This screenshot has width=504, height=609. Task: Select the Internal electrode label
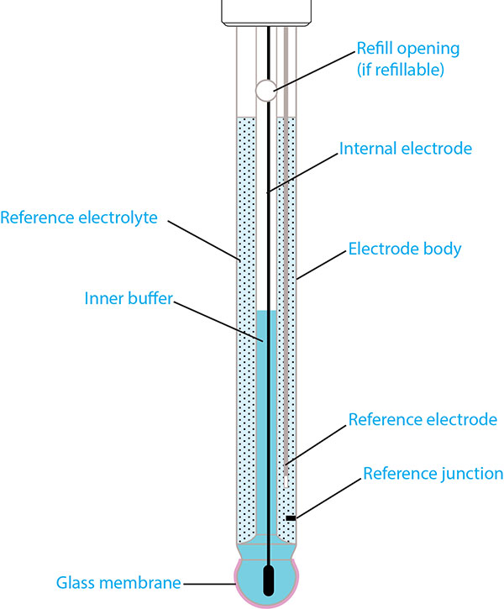(406, 149)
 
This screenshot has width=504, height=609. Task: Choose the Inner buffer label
(128, 298)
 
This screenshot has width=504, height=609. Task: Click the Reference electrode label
(423, 419)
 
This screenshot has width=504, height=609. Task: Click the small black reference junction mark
(291, 518)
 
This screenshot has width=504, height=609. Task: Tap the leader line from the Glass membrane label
(210, 582)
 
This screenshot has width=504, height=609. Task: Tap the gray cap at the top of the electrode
(267, 11)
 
